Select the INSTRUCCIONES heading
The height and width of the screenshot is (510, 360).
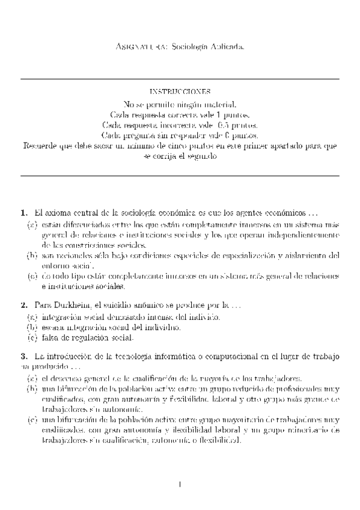pyautogui.click(x=180, y=92)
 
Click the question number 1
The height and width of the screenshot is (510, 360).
pyautogui.click(x=23, y=213)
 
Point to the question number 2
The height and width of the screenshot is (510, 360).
pyautogui.click(x=23, y=306)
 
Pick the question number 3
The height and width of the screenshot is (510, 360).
pyautogui.click(x=23, y=357)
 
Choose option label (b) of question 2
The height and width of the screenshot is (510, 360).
pyautogui.click(x=32, y=328)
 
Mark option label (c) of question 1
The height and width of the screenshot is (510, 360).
pyautogui.click(x=32, y=277)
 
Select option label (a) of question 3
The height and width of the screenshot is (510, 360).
pyautogui.click(x=32, y=378)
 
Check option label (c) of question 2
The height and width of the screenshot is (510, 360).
pyautogui.click(x=32, y=339)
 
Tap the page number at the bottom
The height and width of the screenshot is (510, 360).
pyautogui.click(x=180, y=484)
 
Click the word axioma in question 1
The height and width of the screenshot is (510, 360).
pyautogui.click(x=62, y=213)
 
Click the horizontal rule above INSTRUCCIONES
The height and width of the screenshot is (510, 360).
pyautogui.click(x=180, y=79)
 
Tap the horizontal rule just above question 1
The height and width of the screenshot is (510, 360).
pyautogui.click(x=180, y=176)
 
